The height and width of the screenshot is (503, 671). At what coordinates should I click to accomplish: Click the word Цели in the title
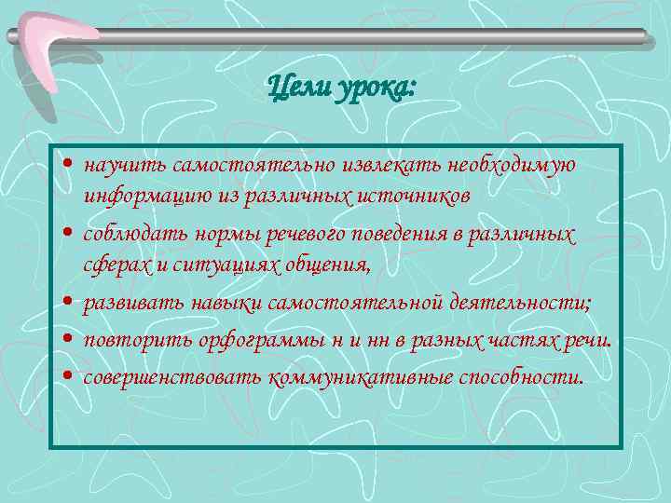point(292,88)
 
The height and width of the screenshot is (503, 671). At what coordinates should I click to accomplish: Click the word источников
point(415,197)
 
